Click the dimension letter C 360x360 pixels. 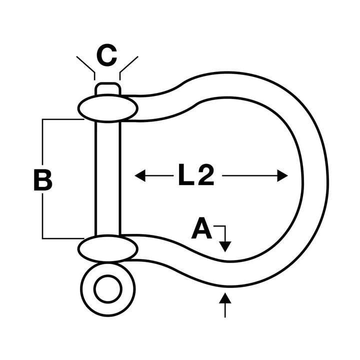106,56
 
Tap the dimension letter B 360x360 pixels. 43,181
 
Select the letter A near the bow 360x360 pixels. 201,230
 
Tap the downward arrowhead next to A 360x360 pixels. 225,246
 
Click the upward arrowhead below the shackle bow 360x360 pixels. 225,299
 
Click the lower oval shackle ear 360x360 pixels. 107,249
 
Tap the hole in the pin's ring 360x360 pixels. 108,289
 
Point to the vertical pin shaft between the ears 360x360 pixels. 107,177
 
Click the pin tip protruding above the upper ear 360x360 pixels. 107,89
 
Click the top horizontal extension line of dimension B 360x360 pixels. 62,119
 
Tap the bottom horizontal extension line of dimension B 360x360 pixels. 62,238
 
